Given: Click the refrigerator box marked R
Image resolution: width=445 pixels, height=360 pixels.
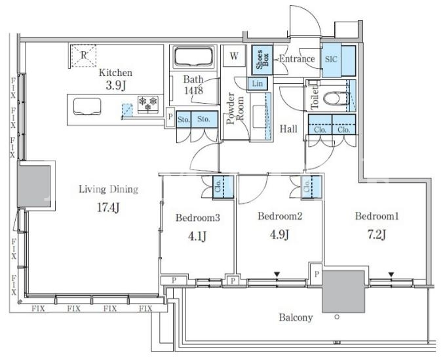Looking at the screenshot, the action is [x=84, y=55].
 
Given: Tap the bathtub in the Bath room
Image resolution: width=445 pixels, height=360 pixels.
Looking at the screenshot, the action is [x=193, y=57].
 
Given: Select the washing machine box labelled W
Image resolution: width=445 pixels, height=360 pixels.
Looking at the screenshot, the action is [x=234, y=56].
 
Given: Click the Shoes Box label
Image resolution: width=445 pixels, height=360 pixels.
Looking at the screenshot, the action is [x=262, y=60].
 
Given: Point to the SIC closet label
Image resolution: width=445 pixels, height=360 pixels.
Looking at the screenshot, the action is [x=331, y=59].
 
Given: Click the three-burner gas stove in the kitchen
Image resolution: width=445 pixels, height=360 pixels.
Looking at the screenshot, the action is [x=148, y=104].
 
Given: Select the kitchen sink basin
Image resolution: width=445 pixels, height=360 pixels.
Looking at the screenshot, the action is [x=87, y=106].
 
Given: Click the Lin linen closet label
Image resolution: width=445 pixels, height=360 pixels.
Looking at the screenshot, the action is [x=258, y=83].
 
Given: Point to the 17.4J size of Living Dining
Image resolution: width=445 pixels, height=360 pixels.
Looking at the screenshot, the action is [x=108, y=207].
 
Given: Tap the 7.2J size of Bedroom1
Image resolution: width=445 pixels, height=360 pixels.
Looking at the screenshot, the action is [x=377, y=235].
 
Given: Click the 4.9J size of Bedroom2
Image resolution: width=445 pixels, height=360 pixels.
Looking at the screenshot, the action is [x=279, y=235].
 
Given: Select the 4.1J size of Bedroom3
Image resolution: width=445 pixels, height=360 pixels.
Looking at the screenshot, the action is [x=197, y=236].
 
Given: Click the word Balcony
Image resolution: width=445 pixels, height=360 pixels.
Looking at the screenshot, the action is [x=296, y=317].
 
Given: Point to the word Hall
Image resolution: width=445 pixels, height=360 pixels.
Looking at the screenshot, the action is [x=288, y=129].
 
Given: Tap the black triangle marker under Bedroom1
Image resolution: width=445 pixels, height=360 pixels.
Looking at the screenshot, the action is [x=391, y=275].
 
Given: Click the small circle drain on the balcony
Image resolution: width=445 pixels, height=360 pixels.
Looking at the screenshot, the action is [x=337, y=317].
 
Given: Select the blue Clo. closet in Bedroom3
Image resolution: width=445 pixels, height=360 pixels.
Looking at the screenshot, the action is [x=223, y=186].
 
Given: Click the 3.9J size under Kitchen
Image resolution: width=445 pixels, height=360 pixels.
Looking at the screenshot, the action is [x=115, y=85].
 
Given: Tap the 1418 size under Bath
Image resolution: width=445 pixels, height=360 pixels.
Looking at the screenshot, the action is [x=193, y=90].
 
